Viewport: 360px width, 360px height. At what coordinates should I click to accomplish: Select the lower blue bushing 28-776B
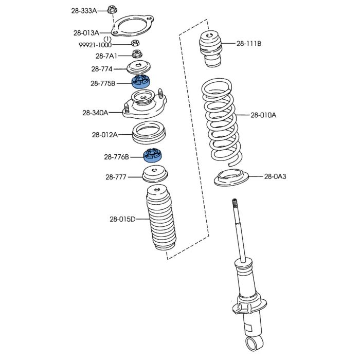(153, 155)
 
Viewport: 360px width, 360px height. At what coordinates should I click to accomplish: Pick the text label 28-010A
(263, 115)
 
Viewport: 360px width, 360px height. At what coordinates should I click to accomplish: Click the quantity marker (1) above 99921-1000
(107, 39)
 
